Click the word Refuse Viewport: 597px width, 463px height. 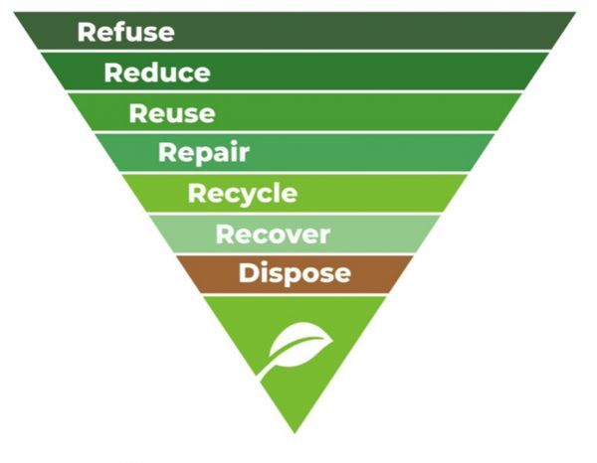coord(125,33)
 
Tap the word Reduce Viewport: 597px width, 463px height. coord(156,73)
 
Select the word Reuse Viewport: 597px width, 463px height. coord(171,113)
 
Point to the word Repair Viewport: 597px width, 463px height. coord(203,153)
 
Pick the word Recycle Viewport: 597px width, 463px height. coord(242,193)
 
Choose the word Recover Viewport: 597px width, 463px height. coord(272,234)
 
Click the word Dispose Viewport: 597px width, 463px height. coord(294,273)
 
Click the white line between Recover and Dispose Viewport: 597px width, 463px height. coord(298,253)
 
